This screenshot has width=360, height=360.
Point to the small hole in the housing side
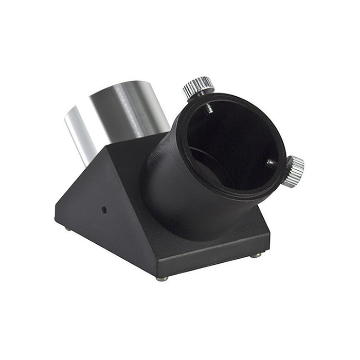(x=104, y=210)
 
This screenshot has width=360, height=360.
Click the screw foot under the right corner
(x=256, y=255)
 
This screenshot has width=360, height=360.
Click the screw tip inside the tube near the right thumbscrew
(x=271, y=163)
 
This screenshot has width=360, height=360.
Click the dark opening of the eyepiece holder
(x=231, y=144)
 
